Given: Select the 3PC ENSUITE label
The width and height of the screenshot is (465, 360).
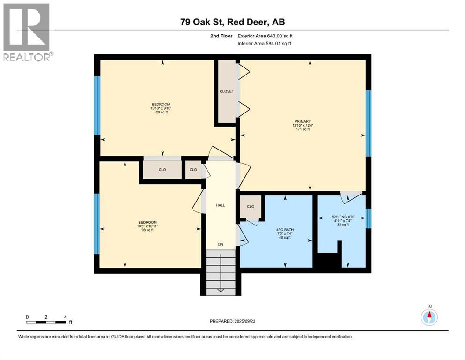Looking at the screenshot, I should click(x=343, y=217).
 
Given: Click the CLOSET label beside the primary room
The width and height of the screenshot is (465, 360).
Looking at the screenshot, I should click(x=227, y=91).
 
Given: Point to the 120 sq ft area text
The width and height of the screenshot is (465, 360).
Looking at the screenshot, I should click(x=161, y=113).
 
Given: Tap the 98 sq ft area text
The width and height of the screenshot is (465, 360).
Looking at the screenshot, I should click(x=147, y=230).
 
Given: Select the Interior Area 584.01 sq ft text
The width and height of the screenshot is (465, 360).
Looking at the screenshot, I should click(x=271, y=44).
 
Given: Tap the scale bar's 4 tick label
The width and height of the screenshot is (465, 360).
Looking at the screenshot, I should click(x=65, y=317).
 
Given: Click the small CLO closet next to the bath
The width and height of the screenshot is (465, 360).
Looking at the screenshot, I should click(x=251, y=207).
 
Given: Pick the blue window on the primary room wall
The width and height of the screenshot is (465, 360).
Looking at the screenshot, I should click(x=368, y=123).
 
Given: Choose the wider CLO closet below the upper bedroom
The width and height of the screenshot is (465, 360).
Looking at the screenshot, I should click(x=162, y=170).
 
